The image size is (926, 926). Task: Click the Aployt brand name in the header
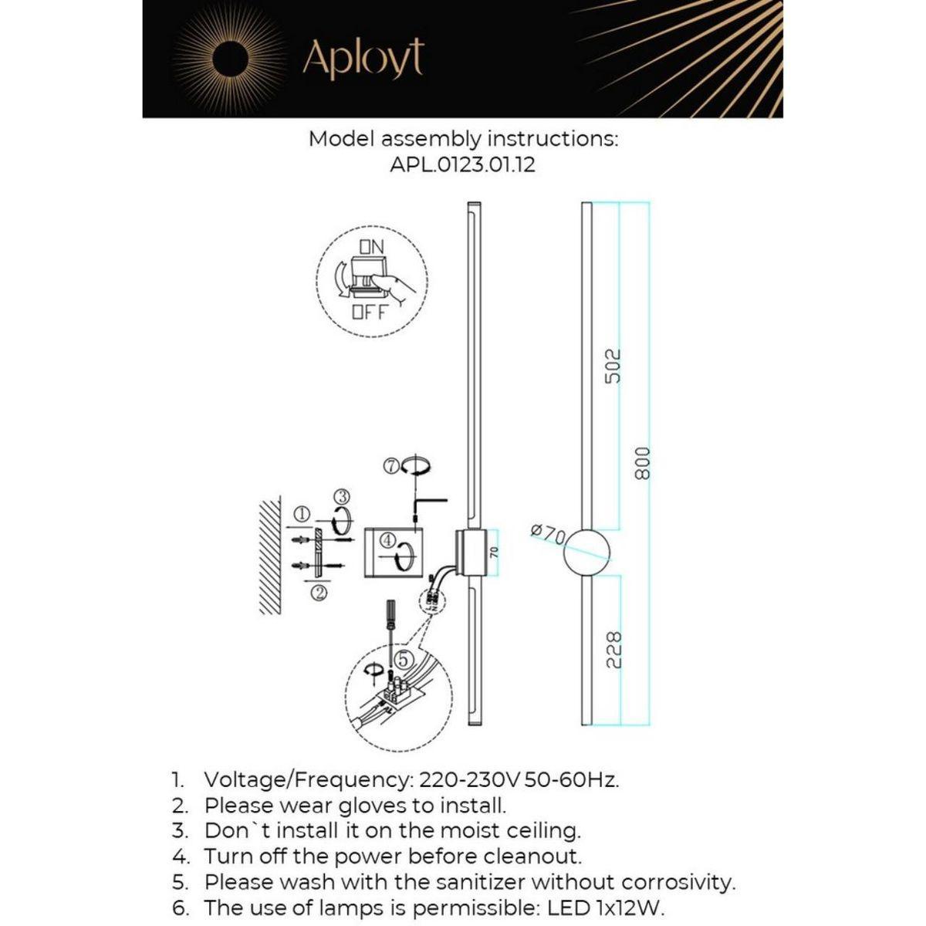pyautogui.click(x=363, y=59)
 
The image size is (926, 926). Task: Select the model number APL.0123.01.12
pyautogui.click(x=463, y=164)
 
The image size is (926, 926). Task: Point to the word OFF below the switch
pyautogui.click(x=369, y=313)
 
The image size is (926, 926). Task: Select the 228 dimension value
pyautogui.click(x=613, y=650)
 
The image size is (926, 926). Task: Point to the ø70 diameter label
pyautogui.click(x=549, y=532)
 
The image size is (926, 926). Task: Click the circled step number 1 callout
pyautogui.click(x=302, y=513)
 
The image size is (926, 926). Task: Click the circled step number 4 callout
pyautogui.click(x=387, y=539)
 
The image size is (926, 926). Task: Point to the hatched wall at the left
pyautogui.click(x=269, y=556)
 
